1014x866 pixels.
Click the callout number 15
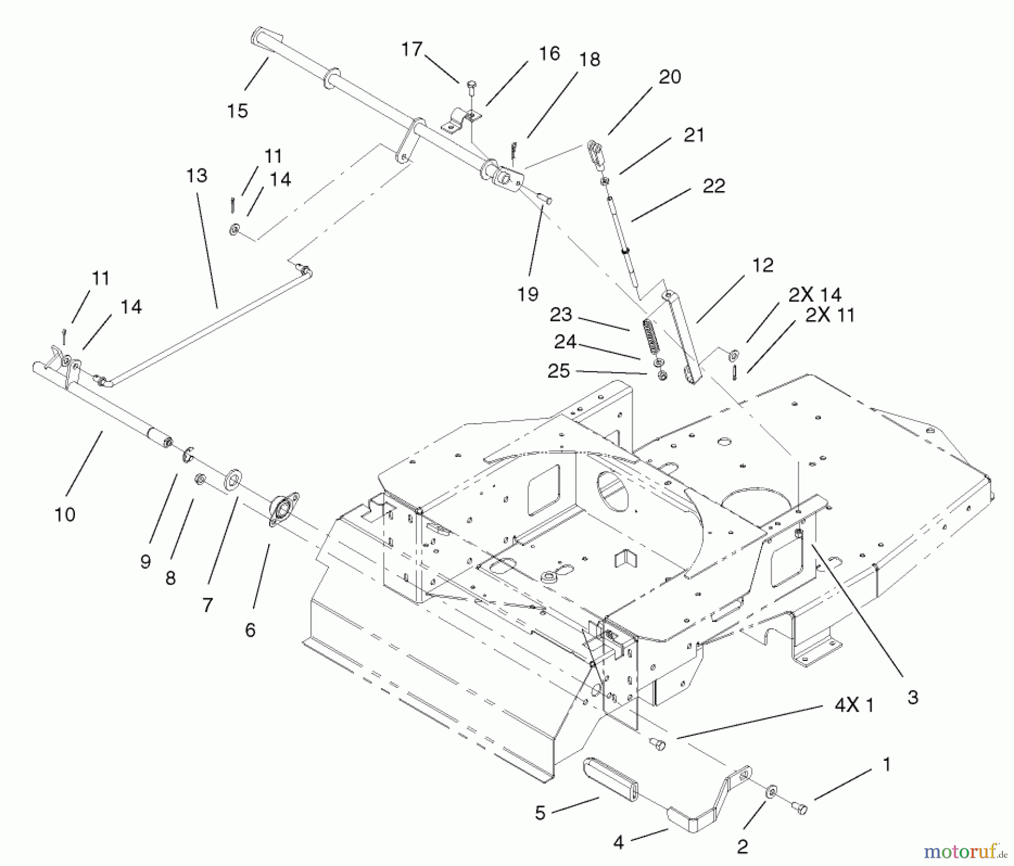point(237,110)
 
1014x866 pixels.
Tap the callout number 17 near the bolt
point(411,50)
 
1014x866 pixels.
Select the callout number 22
point(713,186)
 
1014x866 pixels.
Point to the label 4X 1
point(853,705)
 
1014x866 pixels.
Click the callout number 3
point(913,698)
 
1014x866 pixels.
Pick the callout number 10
point(65,514)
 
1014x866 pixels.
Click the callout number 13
point(197,176)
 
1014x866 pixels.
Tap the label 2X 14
point(815,295)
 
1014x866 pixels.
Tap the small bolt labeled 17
point(471,88)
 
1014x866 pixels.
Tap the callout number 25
point(558,371)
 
